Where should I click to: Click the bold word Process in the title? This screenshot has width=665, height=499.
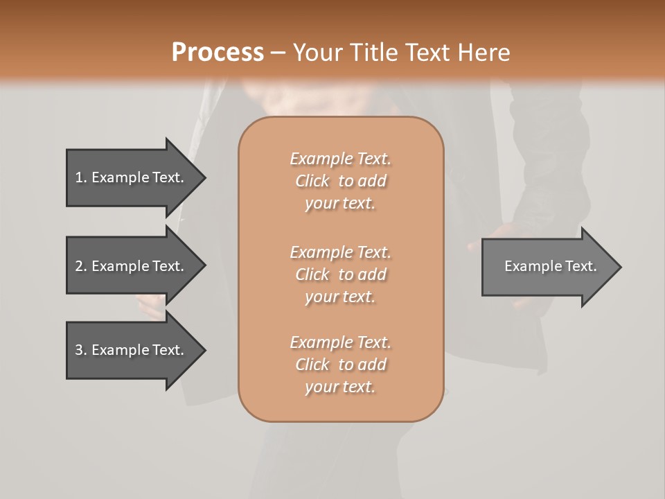(x=218, y=53)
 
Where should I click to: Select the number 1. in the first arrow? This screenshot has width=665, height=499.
(x=81, y=177)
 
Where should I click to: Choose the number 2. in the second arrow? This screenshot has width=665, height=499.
(x=81, y=266)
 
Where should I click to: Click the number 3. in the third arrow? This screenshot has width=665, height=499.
(x=81, y=350)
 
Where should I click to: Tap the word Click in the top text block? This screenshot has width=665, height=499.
(x=312, y=181)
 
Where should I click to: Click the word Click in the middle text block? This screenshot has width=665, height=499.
(x=312, y=274)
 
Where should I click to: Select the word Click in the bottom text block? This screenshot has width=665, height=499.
(x=312, y=365)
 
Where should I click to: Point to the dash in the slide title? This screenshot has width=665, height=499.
(x=278, y=53)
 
